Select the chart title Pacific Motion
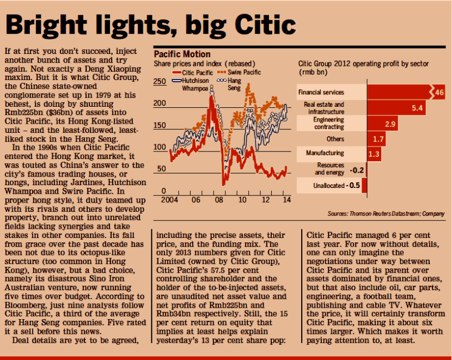click(182, 54)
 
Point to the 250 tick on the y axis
click(160, 82)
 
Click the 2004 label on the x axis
click(169, 199)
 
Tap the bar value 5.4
click(418, 108)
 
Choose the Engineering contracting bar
click(381, 124)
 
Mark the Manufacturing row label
click(325, 154)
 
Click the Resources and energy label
click(330, 169)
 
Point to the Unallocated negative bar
click(364, 185)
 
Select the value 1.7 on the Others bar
click(380, 139)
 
